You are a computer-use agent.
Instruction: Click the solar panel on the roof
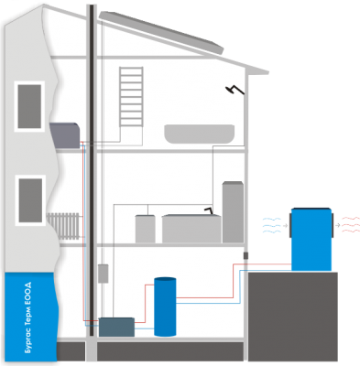point(161,32)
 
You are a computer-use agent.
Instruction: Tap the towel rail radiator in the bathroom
point(131,96)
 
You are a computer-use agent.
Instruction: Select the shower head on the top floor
point(235,90)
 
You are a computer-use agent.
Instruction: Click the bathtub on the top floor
point(200,134)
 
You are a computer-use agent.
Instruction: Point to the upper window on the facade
point(29,106)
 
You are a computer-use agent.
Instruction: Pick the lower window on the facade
point(30,200)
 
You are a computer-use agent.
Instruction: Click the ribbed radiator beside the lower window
point(63,226)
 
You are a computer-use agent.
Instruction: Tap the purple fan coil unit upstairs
point(65,135)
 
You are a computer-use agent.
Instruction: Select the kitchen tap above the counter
point(209,210)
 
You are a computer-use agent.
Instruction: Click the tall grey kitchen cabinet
point(233,212)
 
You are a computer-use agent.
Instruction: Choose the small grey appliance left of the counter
point(145,229)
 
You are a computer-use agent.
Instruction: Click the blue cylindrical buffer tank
point(165,307)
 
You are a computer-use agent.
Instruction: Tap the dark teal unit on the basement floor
point(116,327)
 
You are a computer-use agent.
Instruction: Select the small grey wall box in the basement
point(104,274)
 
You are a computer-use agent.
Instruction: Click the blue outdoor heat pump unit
point(311,239)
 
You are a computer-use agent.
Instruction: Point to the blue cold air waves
point(272,225)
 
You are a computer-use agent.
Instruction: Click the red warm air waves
point(351,225)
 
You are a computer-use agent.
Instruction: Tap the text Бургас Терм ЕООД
point(29,318)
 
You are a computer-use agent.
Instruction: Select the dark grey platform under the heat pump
point(292,317)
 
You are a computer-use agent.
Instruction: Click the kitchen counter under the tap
point(191,229)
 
